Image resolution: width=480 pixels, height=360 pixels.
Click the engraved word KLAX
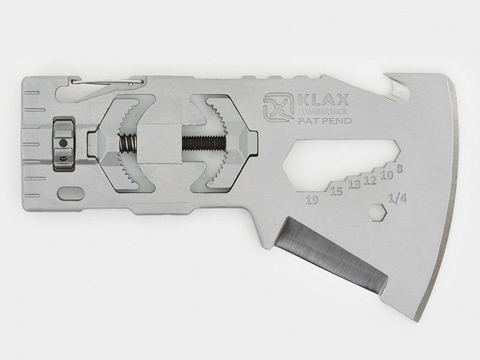[323, 100]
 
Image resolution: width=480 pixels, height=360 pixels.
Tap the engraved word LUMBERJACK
[323, 112]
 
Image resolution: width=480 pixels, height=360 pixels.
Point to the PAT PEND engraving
[325, 121]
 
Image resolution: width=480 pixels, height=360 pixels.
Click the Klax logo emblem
[277, 107]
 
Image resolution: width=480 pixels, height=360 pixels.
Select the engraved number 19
[312, 200]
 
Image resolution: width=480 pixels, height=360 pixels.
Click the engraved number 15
[336, 191]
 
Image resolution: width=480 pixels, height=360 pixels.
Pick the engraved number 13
[354, 185]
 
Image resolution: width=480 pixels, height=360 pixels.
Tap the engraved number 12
[370, 181]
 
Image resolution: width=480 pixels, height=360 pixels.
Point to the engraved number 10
[386, 175]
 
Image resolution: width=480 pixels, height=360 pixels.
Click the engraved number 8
[399, 169]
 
